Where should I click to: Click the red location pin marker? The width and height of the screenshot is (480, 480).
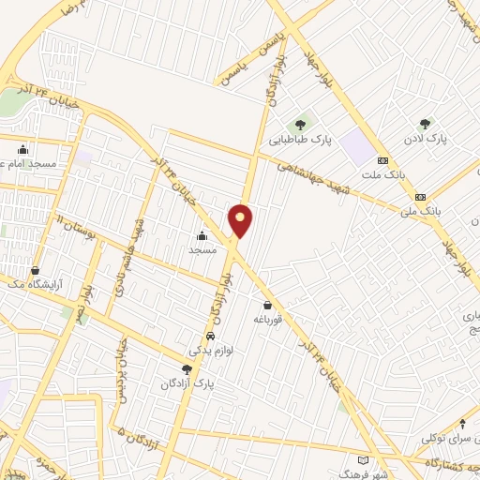[241, 219]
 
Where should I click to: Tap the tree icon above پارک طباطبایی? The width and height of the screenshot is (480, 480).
[301, 124]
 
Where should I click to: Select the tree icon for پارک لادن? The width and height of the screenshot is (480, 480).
[426, 123]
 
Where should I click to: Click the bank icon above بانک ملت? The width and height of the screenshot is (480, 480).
[383, 160]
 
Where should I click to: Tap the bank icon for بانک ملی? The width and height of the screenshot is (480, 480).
[420, 197]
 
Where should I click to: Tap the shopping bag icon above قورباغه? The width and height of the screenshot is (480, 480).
[269, 304]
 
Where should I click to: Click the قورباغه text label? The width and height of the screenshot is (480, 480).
[270, 319]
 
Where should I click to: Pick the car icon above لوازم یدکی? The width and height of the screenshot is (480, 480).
[210, 336]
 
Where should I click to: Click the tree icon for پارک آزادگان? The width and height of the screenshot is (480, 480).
[187, 369]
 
